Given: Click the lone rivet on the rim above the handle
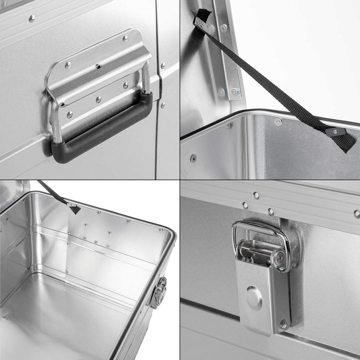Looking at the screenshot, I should click(32, 18).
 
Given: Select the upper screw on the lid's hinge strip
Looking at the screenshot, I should click(223, 29).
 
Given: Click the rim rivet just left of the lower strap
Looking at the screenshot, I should click(278, 121).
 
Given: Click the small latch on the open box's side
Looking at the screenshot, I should click(158, 291).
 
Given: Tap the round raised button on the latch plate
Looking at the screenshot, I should click(254, 298).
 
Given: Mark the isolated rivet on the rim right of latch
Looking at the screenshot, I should click(356, 213).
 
